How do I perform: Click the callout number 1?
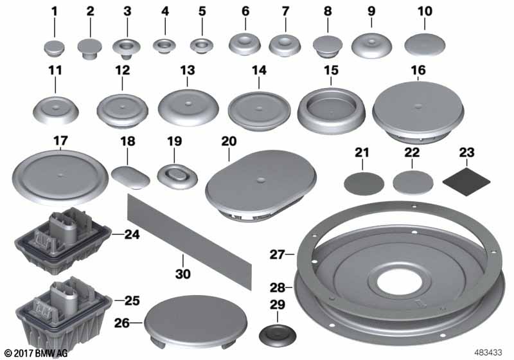coord(54,11)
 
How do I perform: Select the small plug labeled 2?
coord(90,47)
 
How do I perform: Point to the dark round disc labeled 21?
coord(362,182)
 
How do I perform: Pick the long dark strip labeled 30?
coord(186,231)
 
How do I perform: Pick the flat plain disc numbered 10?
coord(425,46)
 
